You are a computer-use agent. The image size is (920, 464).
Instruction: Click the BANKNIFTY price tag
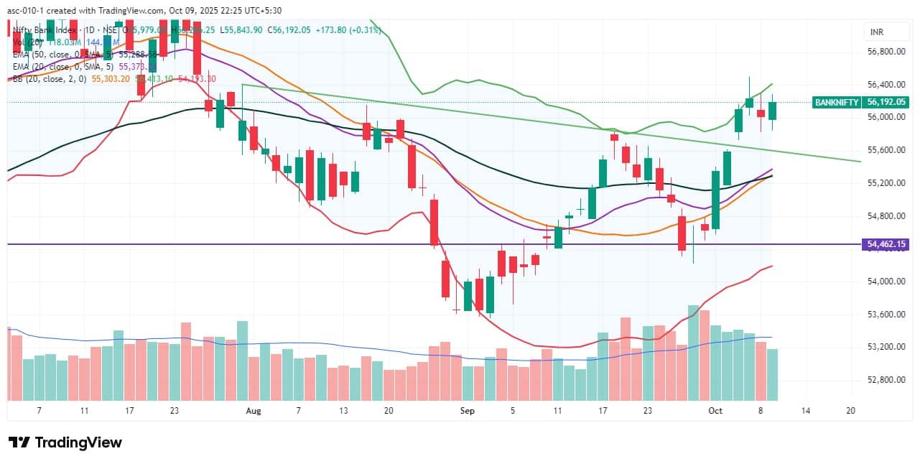point(837,102)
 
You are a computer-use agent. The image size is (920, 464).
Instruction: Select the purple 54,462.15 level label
point(887,244)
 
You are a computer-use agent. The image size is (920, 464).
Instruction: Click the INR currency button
point(876,32)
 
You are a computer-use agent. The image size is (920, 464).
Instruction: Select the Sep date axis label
point(468,411)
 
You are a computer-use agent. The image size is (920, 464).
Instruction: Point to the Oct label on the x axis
point(715,411)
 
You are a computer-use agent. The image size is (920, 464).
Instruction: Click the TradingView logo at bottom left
point(65,442)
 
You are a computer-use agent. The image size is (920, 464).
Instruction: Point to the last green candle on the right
point(772,111)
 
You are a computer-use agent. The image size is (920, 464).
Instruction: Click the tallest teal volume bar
point(693,352)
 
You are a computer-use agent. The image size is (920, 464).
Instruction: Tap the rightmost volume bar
point(772,373)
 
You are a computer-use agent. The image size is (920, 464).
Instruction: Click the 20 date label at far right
point(851,411)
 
